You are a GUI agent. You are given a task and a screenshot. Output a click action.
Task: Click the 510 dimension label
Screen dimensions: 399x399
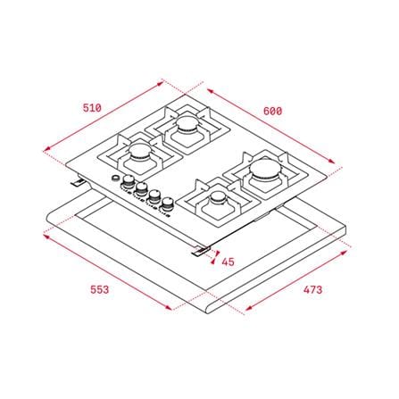(x=92, y=108)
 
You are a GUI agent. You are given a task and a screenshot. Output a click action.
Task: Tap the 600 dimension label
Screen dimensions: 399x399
(x=272, y=112)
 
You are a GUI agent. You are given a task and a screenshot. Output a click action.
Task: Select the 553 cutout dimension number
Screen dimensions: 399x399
(x=100, y=289)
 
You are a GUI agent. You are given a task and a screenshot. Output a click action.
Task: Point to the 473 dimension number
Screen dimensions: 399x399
(x=313, y=289)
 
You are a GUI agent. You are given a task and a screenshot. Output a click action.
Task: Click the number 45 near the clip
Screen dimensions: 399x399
(x=229, y=262)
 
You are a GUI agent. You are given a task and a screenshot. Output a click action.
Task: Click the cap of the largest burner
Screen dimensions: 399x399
(x=264, y=169)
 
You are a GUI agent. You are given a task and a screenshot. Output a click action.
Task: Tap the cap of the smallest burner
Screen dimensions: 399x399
(x=218, y=196)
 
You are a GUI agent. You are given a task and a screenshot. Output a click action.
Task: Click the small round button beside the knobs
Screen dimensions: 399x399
(x=114, y=178)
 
